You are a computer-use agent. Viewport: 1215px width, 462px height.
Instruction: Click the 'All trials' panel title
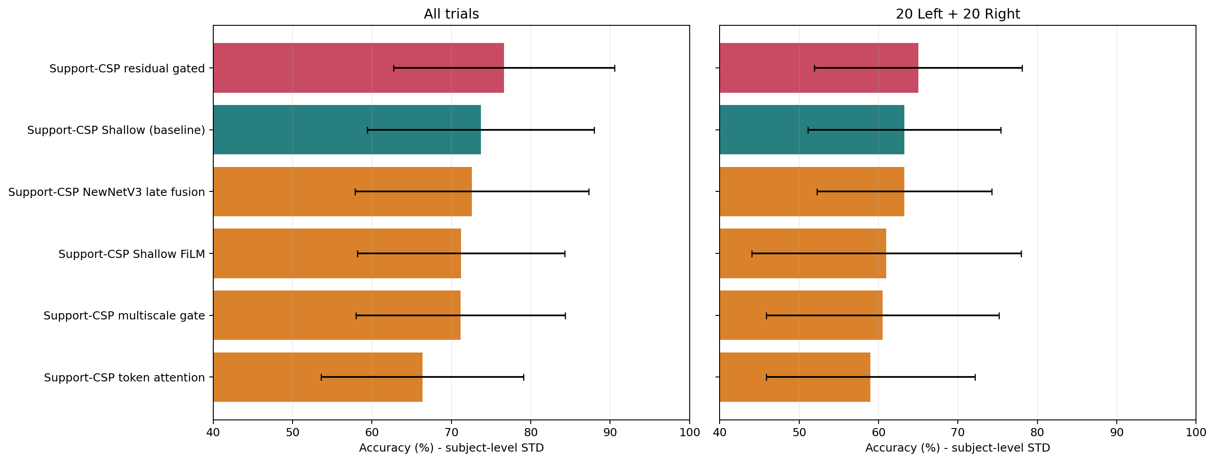tap(451, 14)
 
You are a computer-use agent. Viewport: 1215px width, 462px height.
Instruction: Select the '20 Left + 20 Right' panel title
tap(957, 14)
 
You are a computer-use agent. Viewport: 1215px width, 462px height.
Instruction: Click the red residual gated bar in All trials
tap(359, 68)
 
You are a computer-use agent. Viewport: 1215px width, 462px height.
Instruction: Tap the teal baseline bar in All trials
tap(347, 130)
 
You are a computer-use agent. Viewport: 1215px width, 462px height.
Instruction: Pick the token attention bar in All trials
tap(318, 377)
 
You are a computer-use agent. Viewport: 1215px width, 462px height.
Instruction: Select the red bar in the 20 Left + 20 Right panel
tap(819, 68)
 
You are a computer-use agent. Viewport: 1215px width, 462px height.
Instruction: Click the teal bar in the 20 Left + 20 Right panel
tap(812, 130)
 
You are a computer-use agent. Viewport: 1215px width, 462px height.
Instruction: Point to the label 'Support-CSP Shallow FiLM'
tap(132, 254)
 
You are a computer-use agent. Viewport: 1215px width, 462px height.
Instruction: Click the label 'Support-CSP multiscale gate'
tap(124, 316)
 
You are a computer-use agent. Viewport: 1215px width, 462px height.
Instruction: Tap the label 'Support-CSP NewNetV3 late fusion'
tap(106, 192)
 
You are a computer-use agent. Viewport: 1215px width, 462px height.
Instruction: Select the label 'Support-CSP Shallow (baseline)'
tap(116, 130)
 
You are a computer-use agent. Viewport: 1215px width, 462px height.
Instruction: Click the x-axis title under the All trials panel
tap(451, 448)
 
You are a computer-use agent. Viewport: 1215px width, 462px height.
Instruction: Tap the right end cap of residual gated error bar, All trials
tap(615, 68)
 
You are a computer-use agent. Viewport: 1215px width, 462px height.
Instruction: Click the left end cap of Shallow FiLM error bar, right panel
tap(752, 254)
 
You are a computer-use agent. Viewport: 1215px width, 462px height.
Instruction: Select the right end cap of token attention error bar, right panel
tap(975, 377)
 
